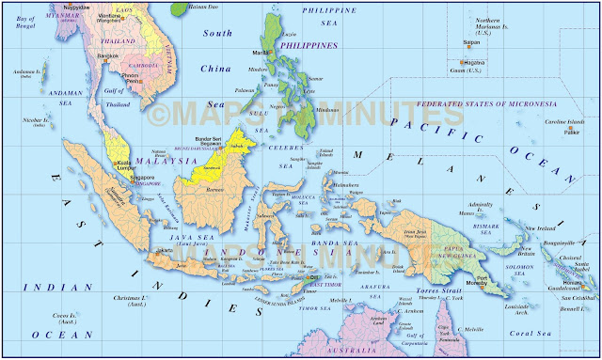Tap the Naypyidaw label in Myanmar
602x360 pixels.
[x=76, y=6]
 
